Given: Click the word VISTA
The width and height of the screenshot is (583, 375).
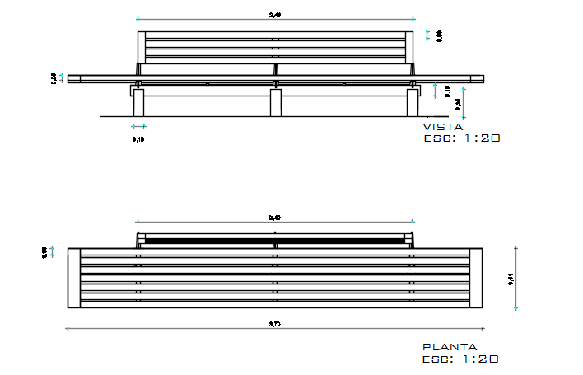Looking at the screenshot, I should point(442,128).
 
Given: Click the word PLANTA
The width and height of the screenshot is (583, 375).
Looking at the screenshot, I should point(449,348).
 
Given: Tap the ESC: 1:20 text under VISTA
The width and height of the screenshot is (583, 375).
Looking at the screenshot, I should point(460,139).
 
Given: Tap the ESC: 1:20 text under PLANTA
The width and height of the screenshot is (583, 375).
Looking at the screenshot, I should point(460,359).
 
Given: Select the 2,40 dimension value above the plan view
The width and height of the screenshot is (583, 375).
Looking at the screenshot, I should point(275,218).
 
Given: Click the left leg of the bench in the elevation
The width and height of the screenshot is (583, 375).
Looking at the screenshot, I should point(138,102).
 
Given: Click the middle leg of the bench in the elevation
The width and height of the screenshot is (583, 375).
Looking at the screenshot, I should point(275,102).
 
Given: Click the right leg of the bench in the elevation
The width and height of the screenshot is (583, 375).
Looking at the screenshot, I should point(413,102).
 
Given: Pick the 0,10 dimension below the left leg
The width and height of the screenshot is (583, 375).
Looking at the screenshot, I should point(138,139).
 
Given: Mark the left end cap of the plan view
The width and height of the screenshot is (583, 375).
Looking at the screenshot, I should point(74,277).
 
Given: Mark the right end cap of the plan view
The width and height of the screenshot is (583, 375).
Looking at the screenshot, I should point(476,277).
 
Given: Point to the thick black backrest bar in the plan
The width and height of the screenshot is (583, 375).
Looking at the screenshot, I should point(275,241).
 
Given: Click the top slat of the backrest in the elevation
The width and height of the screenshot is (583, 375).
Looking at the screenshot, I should point(275,35).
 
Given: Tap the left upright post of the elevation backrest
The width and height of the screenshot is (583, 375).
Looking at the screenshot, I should point(140,49).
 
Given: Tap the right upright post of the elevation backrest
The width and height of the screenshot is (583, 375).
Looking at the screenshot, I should point(411,49).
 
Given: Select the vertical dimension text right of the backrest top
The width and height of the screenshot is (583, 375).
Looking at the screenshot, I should point(440,35).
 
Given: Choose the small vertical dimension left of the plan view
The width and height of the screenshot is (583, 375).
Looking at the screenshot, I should point(44,252).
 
